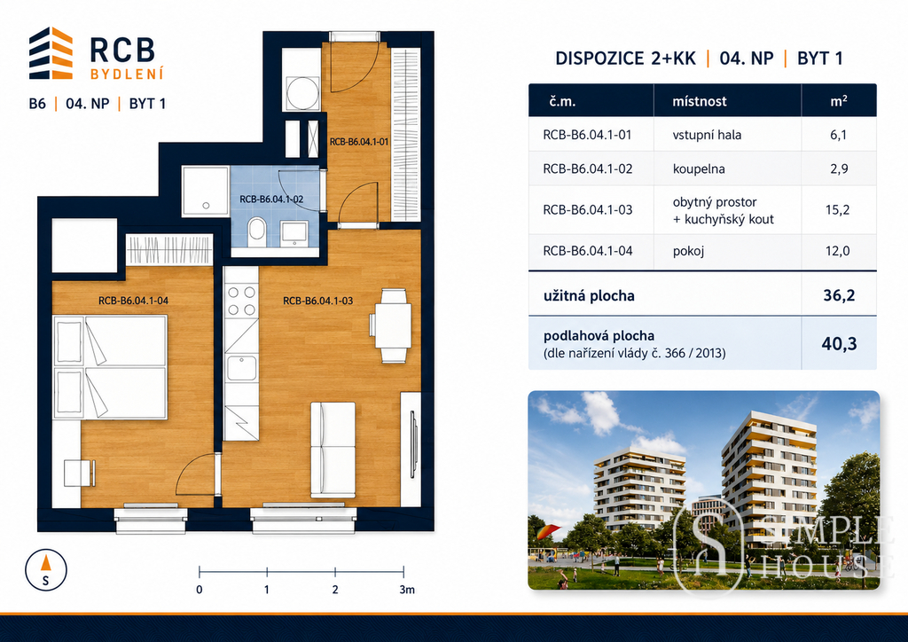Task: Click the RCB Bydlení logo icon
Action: (x=51, y=53)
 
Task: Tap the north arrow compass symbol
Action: (x=46, y=569)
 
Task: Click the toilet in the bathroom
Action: (x=256, y=232)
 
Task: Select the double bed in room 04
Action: (x=110, y=367)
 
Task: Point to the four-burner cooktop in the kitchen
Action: (x=241, y=301)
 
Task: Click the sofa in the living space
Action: (x=333, y=450)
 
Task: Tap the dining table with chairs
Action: (x=391, y=325)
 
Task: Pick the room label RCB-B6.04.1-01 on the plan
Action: (x=359, y=142)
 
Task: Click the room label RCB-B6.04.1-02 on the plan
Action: (x=271, y=200)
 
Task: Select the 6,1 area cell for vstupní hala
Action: (x=838, y=135)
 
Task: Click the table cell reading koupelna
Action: (x=699, y=169)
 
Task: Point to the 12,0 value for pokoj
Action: (x=838, y=251)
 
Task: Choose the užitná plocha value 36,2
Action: (x=839, y=295)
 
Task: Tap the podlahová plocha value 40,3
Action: (x=839, y=344)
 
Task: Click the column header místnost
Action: (x=699, y=101)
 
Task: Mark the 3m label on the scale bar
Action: (x=407, y=590)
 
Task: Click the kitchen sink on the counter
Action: (x=241, y=368)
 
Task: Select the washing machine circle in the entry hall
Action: (x=302, y=92)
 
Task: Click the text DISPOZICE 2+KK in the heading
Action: (x=625, y=59)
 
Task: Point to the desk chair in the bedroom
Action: (x=79, y=473)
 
